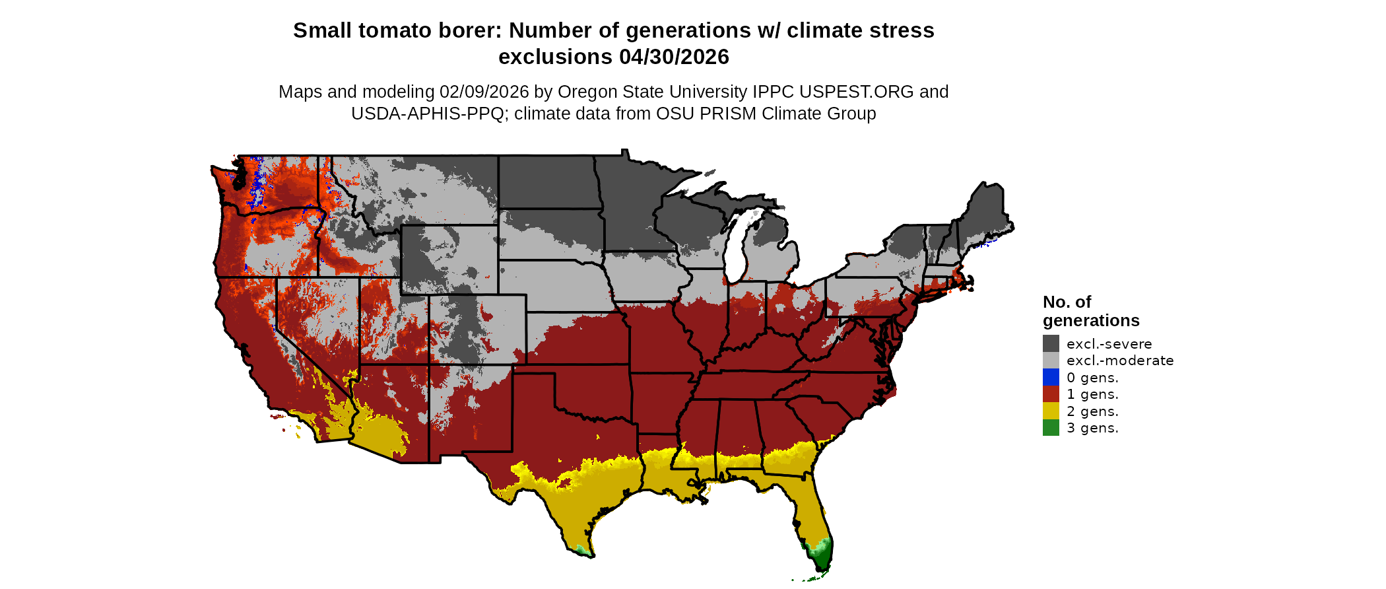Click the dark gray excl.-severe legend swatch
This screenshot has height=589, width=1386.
(1051, 343)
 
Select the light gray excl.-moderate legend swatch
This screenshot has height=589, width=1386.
(1051, 361)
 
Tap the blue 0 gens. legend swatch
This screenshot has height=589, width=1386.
(1051, 377)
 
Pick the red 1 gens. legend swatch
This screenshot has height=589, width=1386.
(1051, 394)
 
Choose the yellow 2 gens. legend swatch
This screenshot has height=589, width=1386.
(1051, 411)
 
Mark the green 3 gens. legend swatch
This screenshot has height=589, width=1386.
(1051, 428)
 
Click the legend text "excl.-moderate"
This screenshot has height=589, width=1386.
(1119, 361)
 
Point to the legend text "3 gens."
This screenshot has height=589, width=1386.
(1092, 428)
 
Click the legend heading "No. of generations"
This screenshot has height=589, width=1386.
(1090, 311)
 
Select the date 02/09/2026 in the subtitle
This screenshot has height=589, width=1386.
(484, 92)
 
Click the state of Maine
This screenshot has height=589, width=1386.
(987, 211)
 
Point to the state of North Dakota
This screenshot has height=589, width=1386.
(548, 182)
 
